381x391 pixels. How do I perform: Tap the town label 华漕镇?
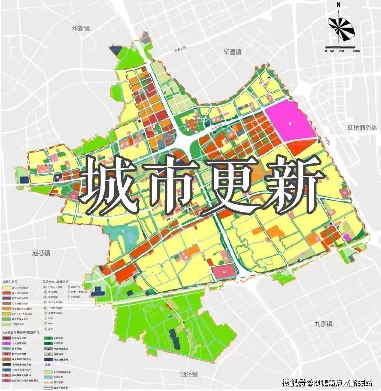(x=232, y=52)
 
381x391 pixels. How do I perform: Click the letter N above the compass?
(x=338, y=5)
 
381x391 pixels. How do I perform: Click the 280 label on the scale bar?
(x=341, y=51)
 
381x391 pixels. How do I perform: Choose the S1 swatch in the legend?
(x=48, y=353)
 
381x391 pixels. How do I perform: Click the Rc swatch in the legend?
(x=6, y=380)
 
